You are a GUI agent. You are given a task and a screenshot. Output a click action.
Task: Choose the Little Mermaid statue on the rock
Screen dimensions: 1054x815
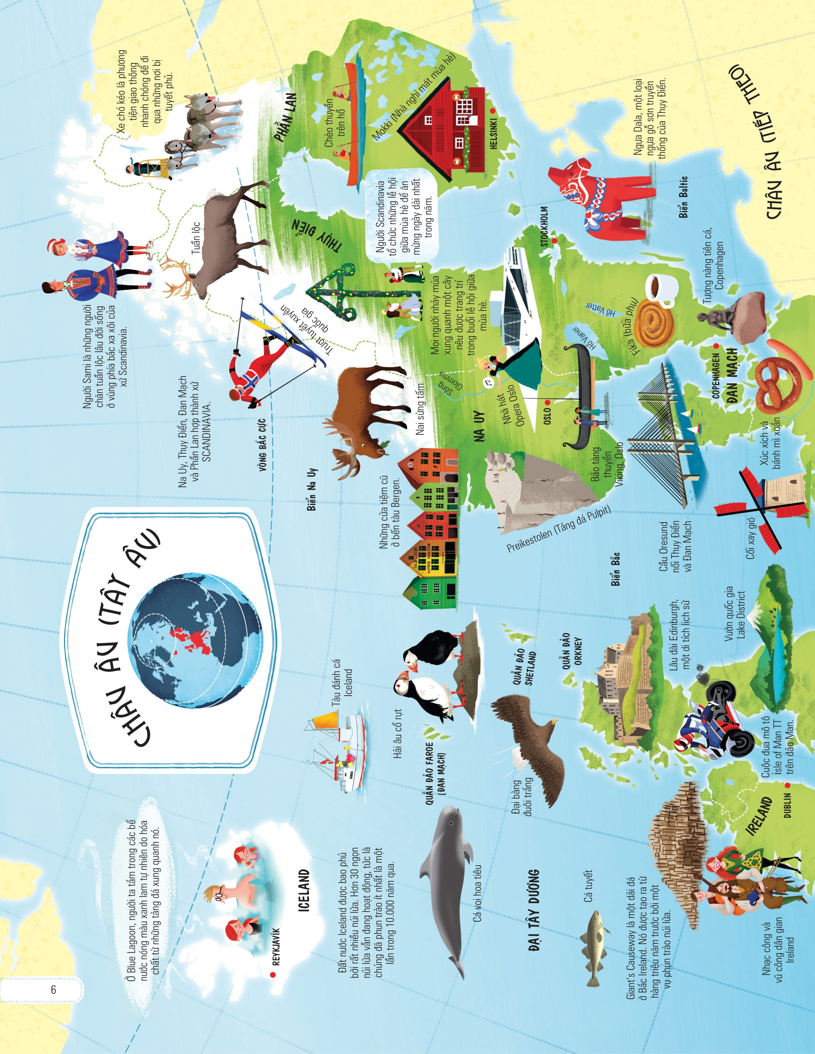(x=733, y=316)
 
